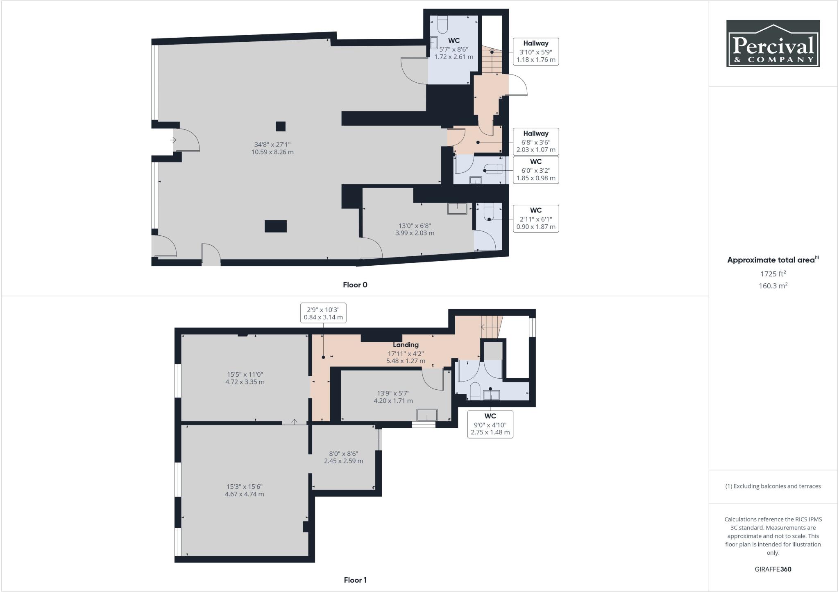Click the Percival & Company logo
coord(773,43)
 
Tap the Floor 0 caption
coord(355,285)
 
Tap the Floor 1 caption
coord(355,580)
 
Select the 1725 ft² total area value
coord(773,274)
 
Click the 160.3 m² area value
coord(773,286)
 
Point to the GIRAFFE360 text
coord(773,569)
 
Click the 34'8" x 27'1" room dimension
coord(272,148)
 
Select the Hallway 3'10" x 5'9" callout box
coord(536,52)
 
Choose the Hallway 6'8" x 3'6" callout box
coord(536,142)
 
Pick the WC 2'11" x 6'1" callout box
coord(536,219)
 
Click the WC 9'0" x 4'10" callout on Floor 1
coord(490,424)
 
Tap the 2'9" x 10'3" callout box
coord(323,313)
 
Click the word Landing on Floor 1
coord(406,345)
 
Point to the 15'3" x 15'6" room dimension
coord(245,490)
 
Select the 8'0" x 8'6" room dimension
coord(343,457)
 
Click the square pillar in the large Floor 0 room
coord(280,126)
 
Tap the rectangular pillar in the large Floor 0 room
coord(275,226)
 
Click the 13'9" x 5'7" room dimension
coord(393,397)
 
